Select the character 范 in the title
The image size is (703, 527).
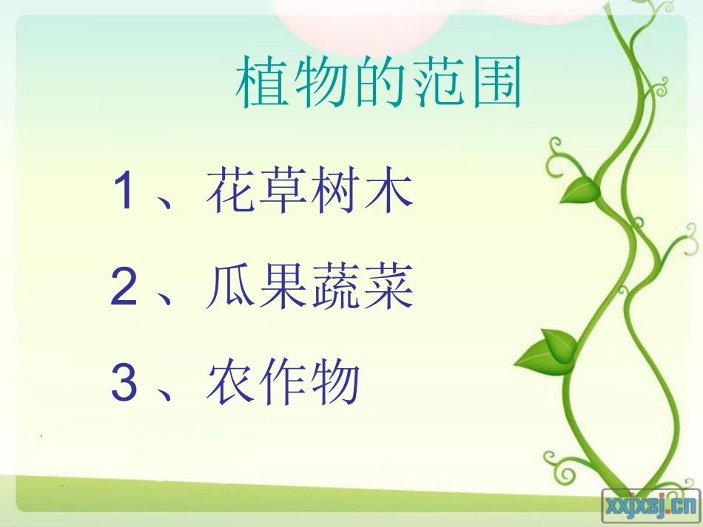point(437,84)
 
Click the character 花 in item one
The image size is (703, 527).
point(229,191)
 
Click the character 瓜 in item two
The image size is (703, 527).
point(229,288)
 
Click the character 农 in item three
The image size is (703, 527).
point(229,384)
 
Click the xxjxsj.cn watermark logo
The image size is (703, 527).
point(650,506)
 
